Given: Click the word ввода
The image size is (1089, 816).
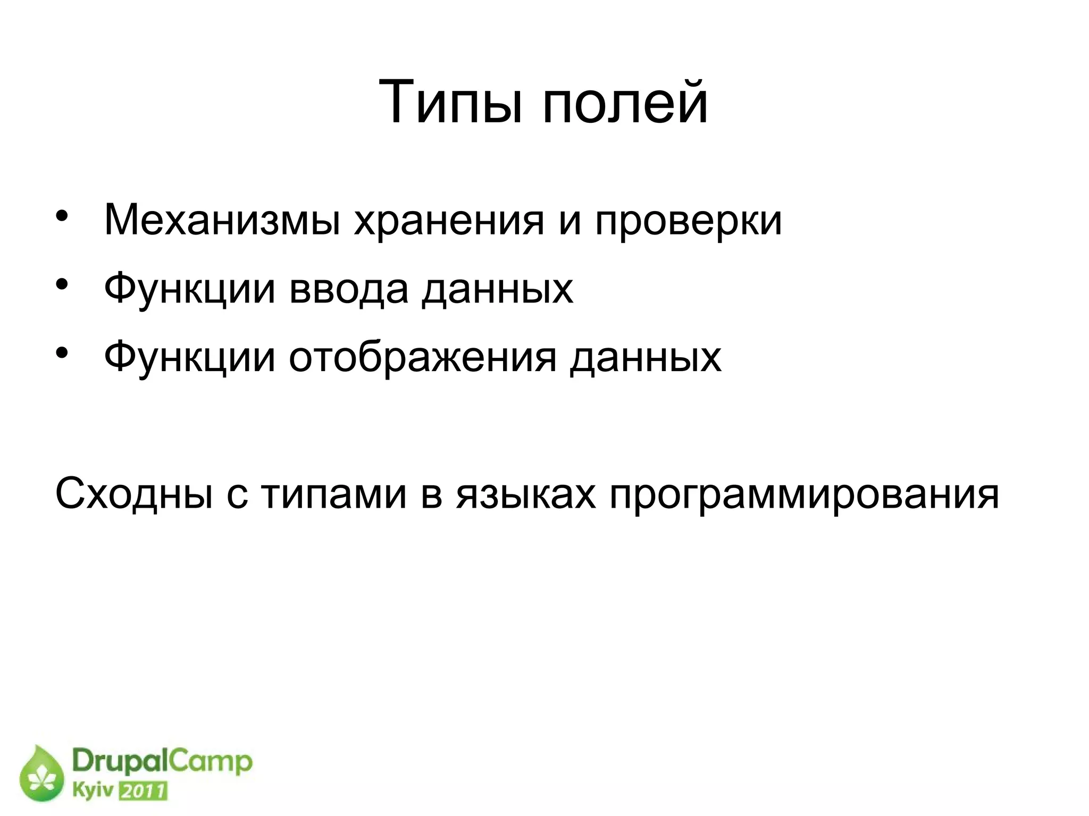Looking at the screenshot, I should coord(349,289).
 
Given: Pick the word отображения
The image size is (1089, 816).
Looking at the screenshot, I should coord(423,358).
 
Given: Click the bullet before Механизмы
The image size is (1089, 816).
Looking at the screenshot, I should coord(62,217).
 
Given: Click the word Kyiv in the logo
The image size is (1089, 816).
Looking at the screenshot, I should coord(94,791).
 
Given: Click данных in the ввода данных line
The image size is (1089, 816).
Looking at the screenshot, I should coord(497,289).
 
